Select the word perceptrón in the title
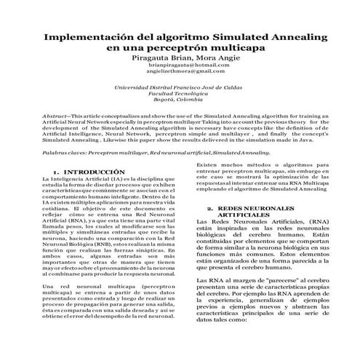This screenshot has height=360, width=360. tap(178, 47)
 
